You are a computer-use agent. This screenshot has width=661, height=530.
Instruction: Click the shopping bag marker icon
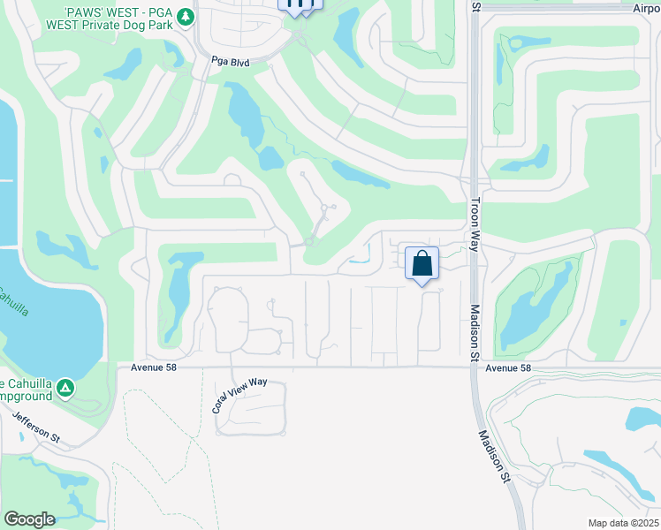tap(422, 263)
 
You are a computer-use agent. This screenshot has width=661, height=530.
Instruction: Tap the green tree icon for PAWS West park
tap(185, 17)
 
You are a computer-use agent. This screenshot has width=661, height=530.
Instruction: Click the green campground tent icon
tap(65, 388)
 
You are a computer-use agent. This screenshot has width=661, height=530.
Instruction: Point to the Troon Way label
tap(475, 223)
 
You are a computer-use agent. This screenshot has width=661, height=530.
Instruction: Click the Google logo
tap(29, 519)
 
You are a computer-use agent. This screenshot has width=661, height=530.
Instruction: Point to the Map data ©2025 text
tap(623, 523)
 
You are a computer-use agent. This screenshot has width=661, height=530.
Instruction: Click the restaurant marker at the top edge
tap(300, 4)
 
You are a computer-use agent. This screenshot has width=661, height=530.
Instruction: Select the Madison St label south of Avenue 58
tap(494, 456)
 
